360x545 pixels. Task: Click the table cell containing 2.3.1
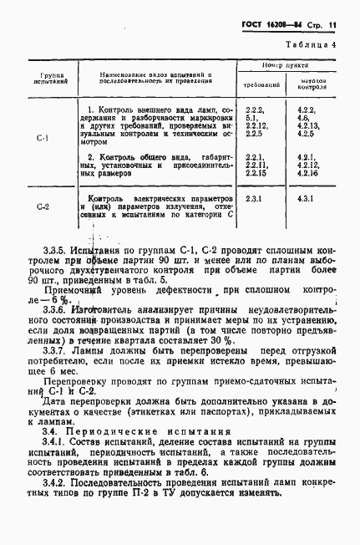255,199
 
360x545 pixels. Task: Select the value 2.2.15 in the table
257,173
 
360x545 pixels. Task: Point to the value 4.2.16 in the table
307,173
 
